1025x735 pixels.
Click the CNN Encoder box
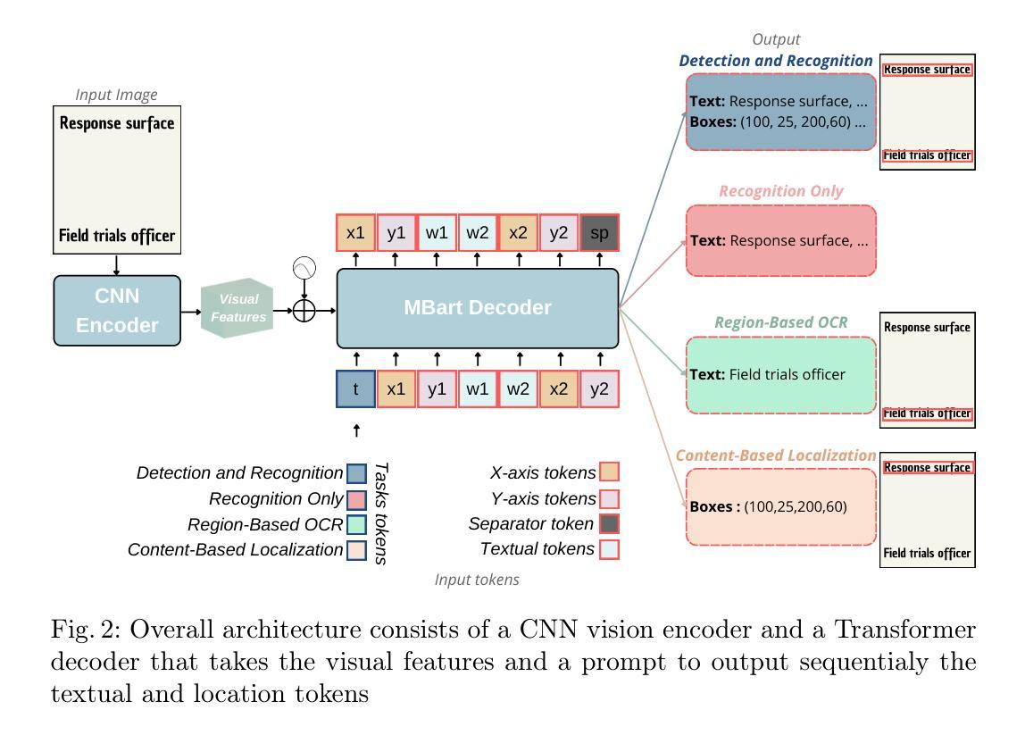tap(117, 310)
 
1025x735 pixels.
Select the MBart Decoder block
tap(478, 308)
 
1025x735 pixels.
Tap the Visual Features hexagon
tap(237, 309)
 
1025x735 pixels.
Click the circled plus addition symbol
tap(304, 311)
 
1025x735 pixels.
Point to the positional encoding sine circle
tap(304, 268)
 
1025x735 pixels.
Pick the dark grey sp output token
tap(599, 233)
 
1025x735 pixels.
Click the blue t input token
tap(356, 389)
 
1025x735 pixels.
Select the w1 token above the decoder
tap(437, 233)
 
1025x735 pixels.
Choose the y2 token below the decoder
tap(599, 389)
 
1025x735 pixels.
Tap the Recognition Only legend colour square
tap(356, 498)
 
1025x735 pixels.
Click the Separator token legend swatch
tap(610, 524)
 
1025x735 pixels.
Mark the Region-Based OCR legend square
tap(356, 524)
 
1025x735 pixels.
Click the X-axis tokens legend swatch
tap(610, 472)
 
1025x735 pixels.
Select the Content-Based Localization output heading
tap(775, 455)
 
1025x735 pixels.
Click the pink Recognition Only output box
tap(781, 240)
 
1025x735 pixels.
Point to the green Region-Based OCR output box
tap(781, 375)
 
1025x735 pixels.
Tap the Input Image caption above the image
tap(116, 95)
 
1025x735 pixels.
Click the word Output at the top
tap(776, 39)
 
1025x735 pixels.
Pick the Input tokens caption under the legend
tap(477, 580)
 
